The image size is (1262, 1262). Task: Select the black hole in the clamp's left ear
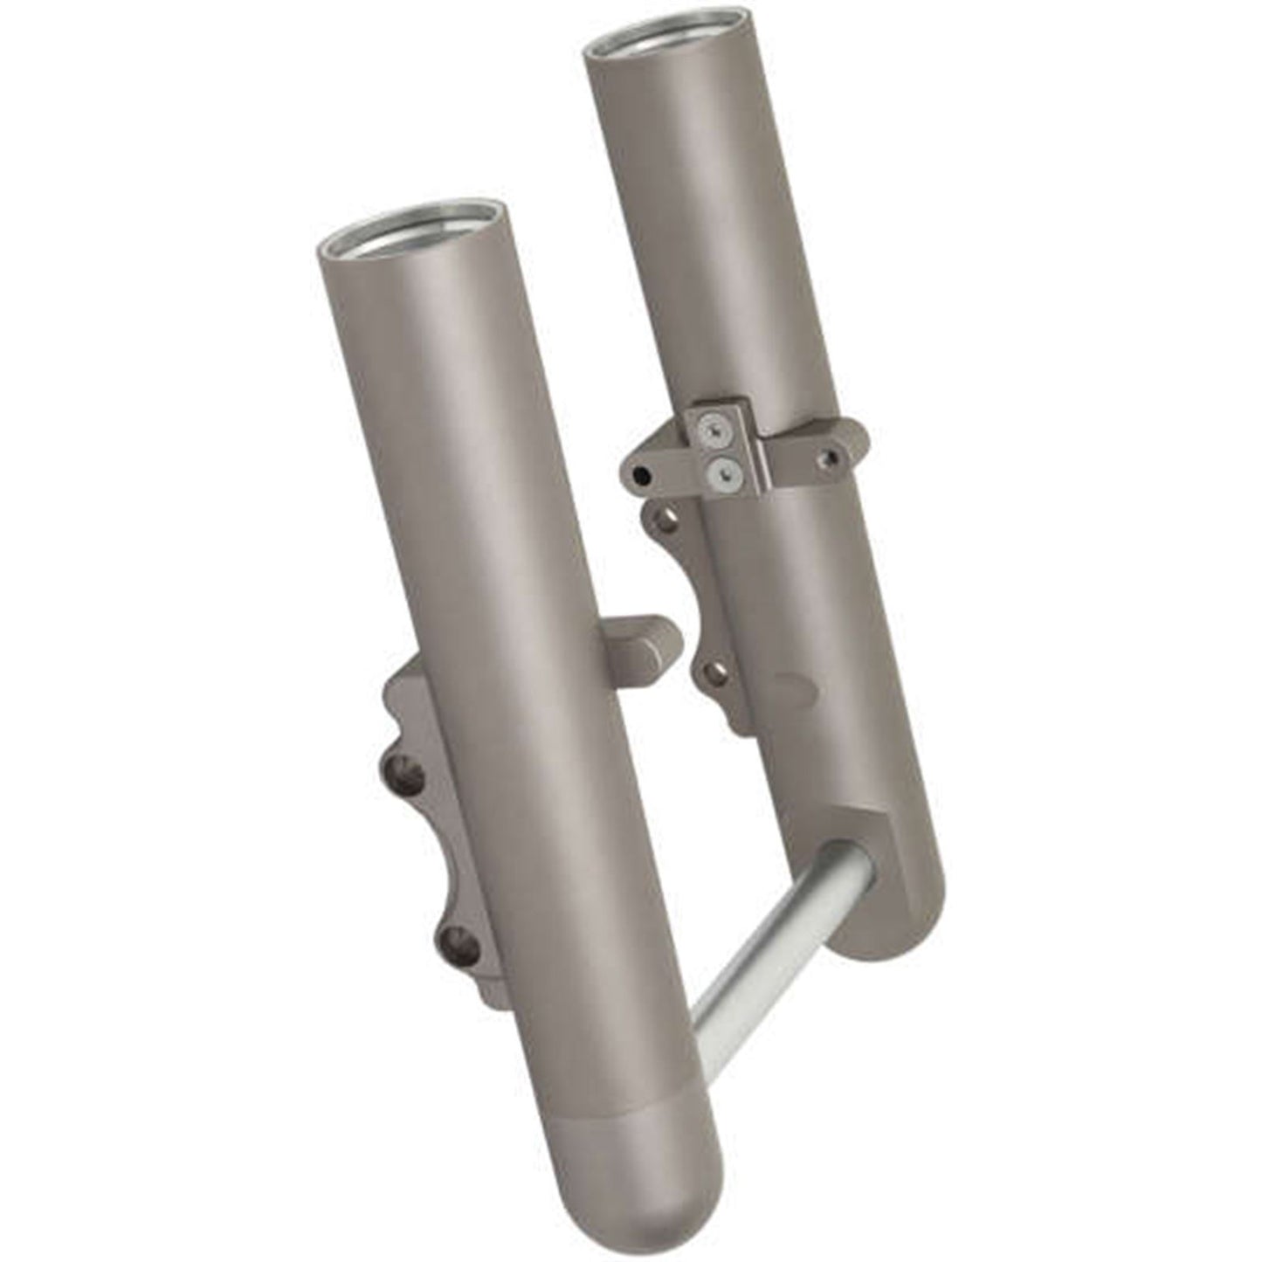coord(642,474)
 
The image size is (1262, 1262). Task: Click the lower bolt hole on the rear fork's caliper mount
coord(716,672)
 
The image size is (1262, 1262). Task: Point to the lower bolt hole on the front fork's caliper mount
coord(452,939)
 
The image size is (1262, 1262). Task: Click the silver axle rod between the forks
coord(769,961)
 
